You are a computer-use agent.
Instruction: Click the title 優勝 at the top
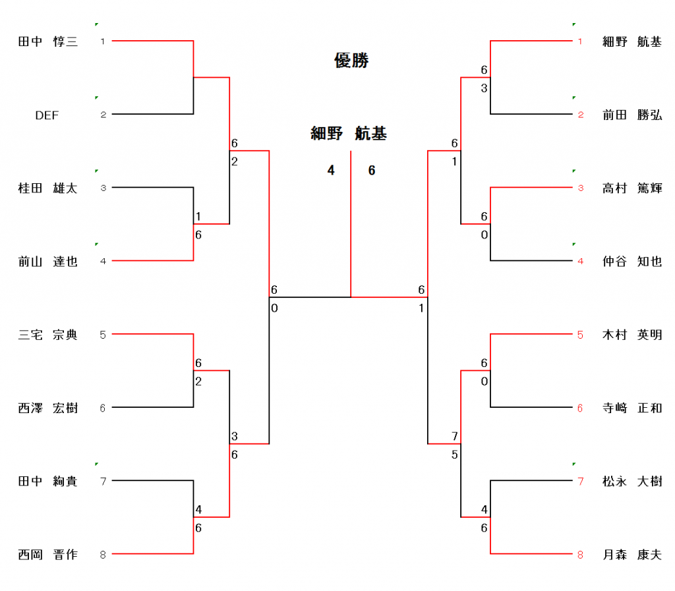click(x=351, y=61)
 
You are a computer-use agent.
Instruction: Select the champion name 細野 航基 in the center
click(x=349, y=134)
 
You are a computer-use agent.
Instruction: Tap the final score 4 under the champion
click(x=331, y=171)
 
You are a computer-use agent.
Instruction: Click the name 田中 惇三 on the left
click(x=47, y=42)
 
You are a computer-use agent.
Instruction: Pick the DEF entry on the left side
click(x=47, y=115)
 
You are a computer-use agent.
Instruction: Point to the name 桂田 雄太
click(x=47, y=188)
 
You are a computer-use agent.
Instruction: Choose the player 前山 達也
click(x=47, y=262)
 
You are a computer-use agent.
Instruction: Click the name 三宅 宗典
click(x=47, y=335)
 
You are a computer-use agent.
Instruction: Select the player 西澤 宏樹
click(x=47, y=408)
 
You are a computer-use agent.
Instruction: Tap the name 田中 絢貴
click(x=47, y=482)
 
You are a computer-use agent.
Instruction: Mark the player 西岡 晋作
click(x=47, y=555)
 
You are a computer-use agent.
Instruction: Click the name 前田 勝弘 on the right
click(x=631, y=115)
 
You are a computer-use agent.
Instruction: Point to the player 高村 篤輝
click(x=631, y=188)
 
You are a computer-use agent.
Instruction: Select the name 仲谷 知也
click(x=631, y=262)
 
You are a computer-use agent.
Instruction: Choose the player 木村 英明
click(x=631, y=335)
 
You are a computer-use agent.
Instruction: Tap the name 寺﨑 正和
click(x=631, y=408)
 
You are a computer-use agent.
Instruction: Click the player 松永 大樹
click(x=631, y=482)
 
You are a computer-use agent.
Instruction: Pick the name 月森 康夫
click(x=631, y=555)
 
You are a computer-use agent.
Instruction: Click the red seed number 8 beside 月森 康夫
click(x=580, y=555)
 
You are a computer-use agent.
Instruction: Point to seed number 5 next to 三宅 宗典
click(x=103, y=335)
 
